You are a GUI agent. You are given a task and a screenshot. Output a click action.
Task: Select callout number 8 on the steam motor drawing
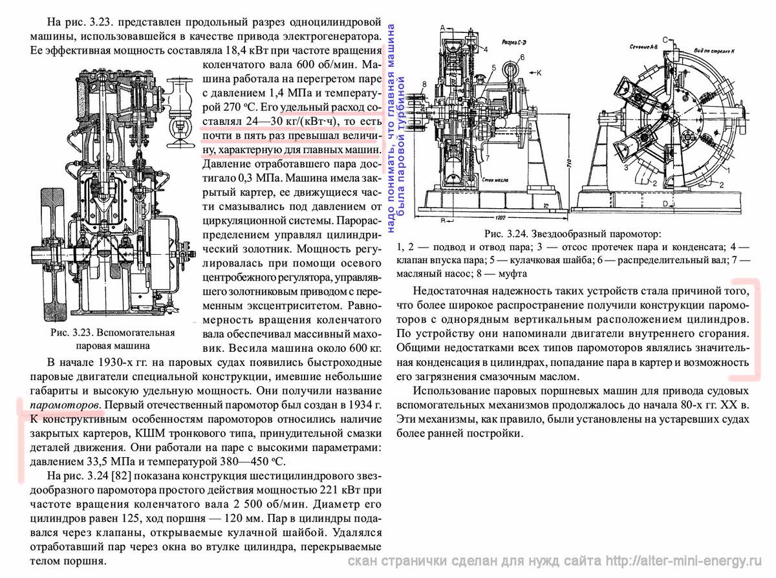[x=424, y=83]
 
